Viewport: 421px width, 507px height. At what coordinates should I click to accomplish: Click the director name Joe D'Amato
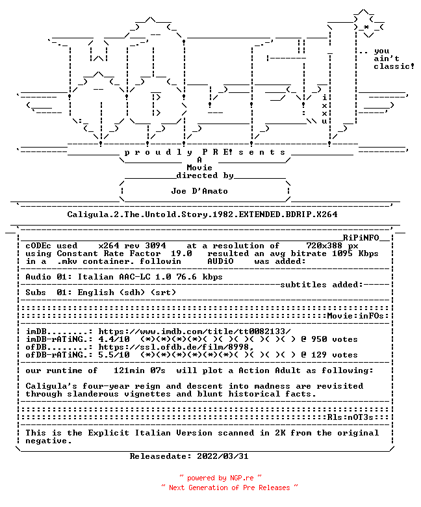point(199,191)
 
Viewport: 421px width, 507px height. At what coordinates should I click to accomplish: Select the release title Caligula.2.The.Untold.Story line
point(202,214)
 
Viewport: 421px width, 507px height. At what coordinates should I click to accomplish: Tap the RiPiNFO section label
point(361,238)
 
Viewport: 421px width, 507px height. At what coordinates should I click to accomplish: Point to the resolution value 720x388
point(324,246)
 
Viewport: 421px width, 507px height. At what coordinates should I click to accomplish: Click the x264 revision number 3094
point(155,246)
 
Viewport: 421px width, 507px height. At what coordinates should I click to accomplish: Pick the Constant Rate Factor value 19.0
point(181,253)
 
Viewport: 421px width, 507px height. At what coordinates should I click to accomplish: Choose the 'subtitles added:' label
point(322,285)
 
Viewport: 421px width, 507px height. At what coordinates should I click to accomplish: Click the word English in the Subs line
point(96,292)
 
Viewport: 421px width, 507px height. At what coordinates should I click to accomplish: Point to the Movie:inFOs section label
point(355,316)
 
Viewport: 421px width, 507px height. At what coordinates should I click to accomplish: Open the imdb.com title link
point(194,331)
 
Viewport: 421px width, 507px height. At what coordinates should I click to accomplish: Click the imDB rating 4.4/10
point(114,339)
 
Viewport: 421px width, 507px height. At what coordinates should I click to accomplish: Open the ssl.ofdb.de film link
point(176,347)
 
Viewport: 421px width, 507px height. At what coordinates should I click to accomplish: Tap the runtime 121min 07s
point(140,370)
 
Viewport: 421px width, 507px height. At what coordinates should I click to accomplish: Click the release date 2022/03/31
point(223,456)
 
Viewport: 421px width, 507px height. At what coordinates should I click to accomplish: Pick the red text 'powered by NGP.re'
point(220,478)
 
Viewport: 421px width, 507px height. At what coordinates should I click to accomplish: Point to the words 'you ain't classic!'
point(394,59)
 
